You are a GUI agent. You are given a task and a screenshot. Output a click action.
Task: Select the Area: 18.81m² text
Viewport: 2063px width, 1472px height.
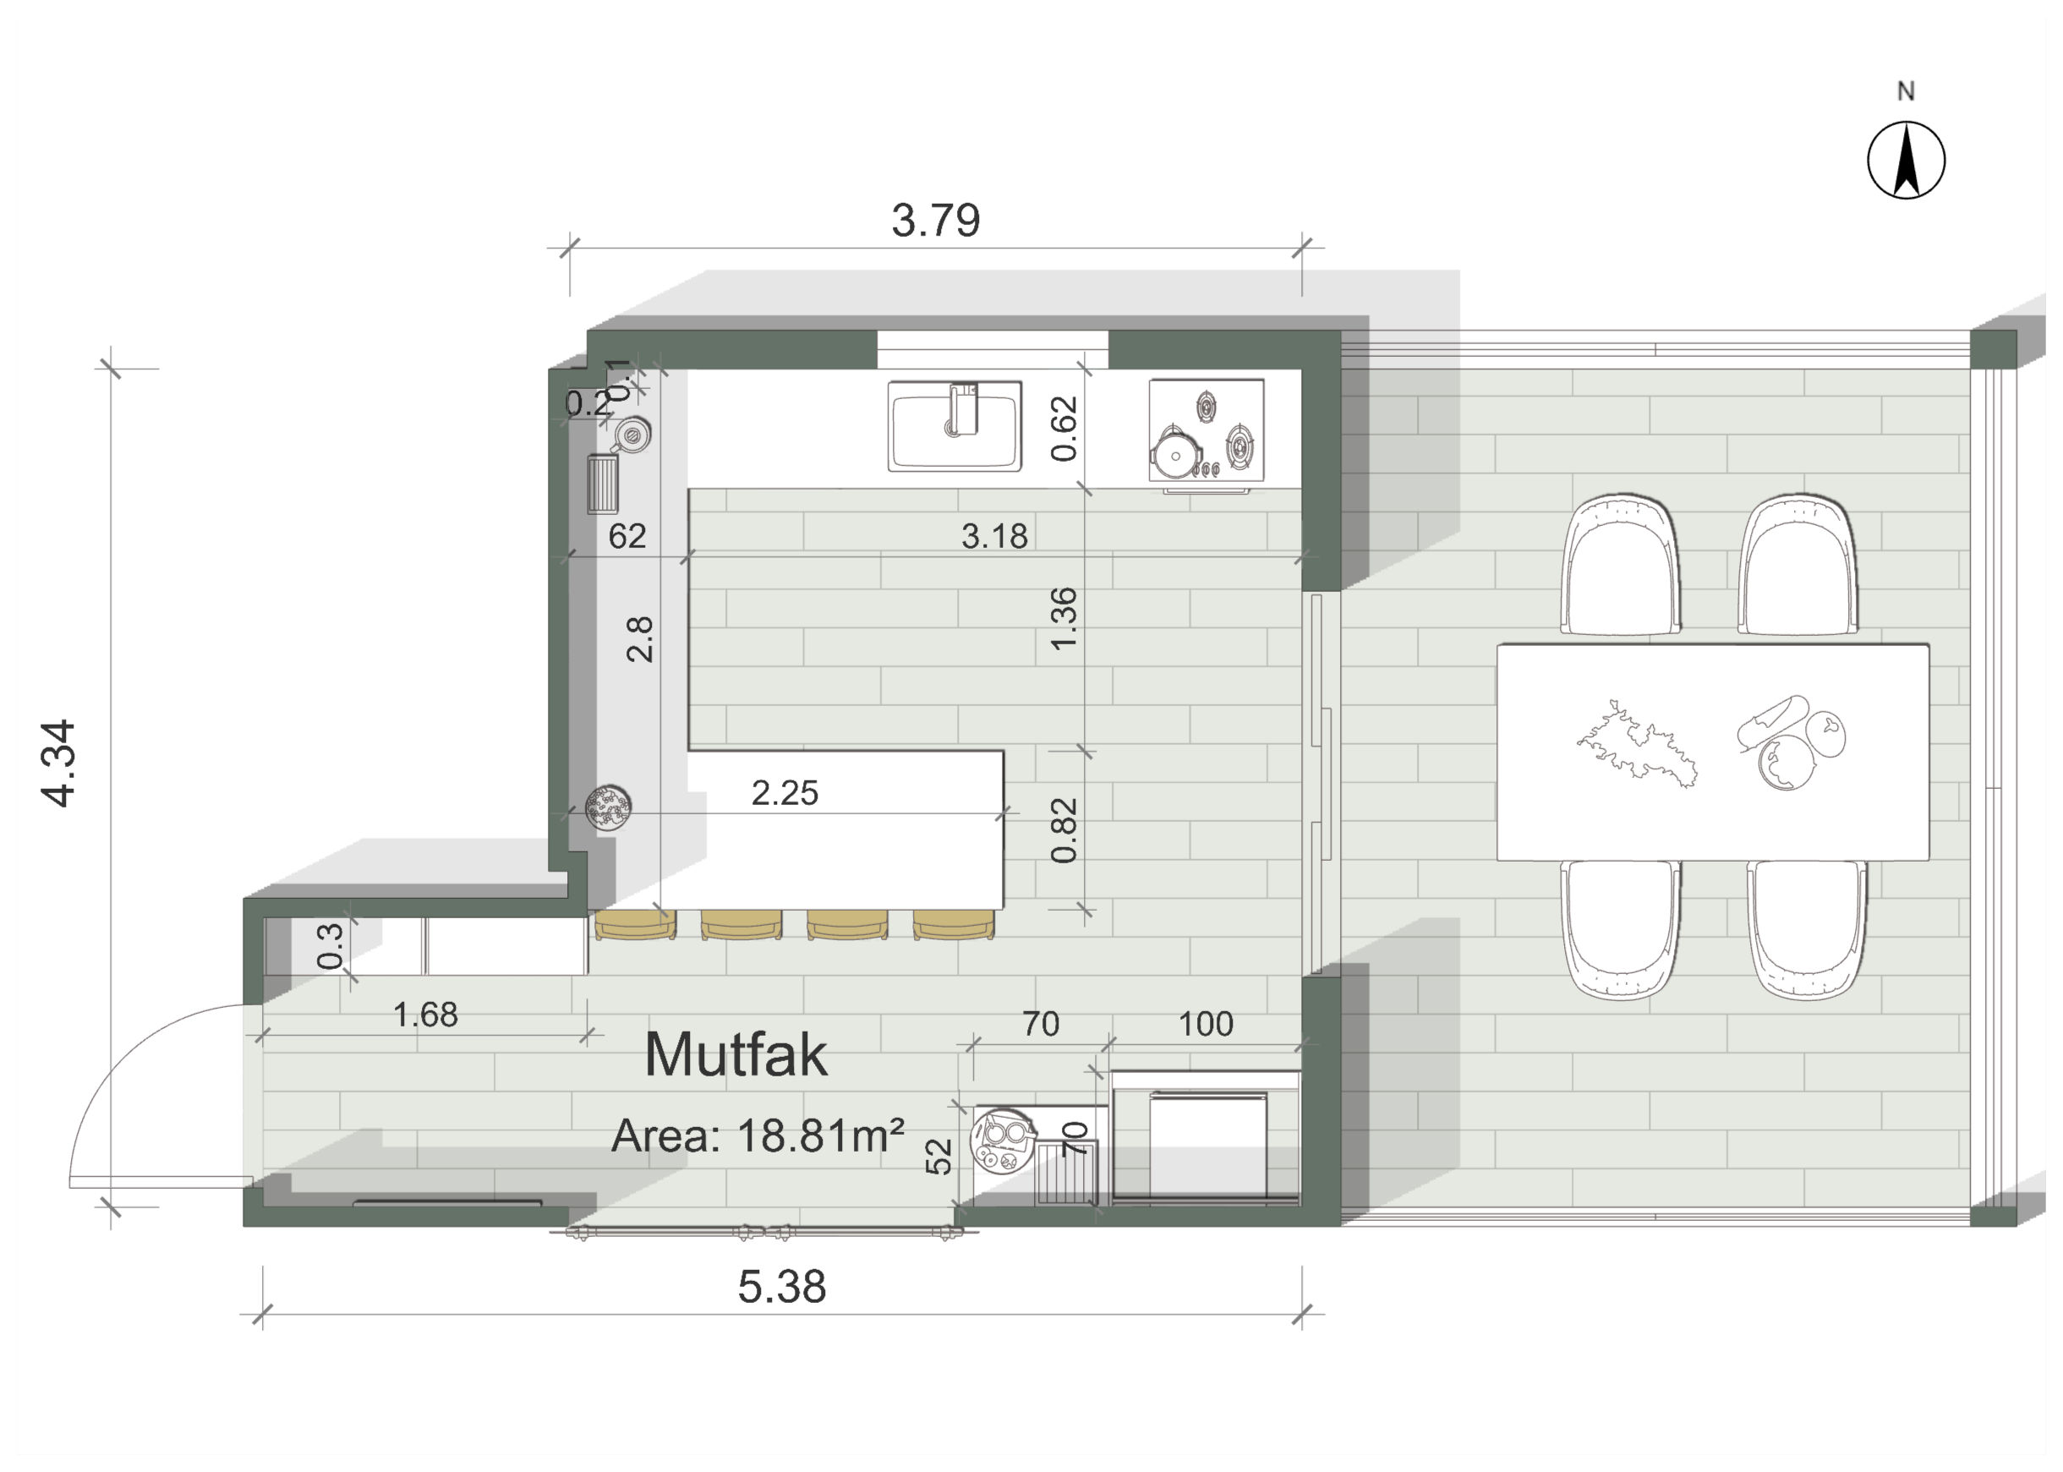(758, 1135)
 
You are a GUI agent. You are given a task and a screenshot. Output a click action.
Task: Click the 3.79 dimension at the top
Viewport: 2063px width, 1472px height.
(935, 221)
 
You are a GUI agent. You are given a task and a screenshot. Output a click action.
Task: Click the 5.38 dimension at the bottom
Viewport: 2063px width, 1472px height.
(781, 1287)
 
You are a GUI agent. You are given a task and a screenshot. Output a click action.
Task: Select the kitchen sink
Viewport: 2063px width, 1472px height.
(955, 425)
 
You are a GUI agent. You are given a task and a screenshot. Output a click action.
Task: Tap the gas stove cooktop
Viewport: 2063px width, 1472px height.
(1206, 430)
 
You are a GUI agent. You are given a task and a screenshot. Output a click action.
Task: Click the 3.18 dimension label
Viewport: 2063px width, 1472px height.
(994, 536)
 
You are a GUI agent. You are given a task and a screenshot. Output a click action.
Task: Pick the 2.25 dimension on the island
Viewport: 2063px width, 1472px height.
(784, 793)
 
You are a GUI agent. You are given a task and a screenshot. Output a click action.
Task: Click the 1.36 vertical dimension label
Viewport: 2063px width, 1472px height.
(1064, 618)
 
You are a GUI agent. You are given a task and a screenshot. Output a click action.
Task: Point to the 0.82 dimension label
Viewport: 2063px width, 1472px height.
(1064, 830)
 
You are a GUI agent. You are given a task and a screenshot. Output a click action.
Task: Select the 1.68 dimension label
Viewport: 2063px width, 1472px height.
(425, 1015)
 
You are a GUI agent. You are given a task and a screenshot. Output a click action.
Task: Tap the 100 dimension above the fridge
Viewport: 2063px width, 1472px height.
(1206, 1023)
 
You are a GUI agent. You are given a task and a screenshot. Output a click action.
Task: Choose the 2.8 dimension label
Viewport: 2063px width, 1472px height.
(639, 639)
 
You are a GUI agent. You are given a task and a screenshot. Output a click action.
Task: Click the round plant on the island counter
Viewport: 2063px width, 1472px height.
(608, 807)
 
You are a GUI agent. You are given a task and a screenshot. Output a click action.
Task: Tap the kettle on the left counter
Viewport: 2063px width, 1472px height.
(631, 436)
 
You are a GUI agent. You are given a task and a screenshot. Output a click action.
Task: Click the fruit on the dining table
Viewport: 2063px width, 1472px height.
(1791, 743)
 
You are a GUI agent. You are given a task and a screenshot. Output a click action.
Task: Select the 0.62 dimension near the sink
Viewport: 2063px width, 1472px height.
(1064, 428)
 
